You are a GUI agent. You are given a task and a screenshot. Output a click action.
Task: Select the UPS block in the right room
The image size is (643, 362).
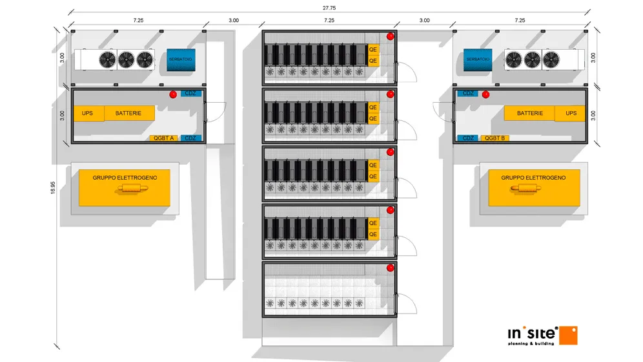tap(571, 113)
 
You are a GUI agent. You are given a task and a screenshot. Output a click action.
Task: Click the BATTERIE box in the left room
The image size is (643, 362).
tap(129, 113)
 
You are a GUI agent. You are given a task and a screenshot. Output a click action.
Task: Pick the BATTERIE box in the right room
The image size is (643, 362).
tap(530, 113)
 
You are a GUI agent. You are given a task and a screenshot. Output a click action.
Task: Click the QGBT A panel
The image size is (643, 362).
tap(164, 138)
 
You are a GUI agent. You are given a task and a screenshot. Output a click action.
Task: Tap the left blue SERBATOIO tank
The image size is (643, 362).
tap(181, 59)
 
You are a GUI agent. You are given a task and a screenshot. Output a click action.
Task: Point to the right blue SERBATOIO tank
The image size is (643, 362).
tap(478, 59)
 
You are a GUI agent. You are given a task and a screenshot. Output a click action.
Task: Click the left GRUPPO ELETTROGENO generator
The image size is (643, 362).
tap(124, 187)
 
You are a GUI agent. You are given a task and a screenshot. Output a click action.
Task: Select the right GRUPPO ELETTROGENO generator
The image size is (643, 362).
tap(533, 187)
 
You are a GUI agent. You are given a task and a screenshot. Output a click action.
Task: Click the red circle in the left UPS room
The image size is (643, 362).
tap(173, 94)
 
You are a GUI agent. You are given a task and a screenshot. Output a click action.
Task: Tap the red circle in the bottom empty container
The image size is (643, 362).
tap(390, 268)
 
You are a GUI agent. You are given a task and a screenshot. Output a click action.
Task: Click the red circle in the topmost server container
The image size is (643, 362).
tap(390, 37)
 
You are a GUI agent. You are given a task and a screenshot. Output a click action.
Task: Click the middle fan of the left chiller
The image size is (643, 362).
tap(126, 60)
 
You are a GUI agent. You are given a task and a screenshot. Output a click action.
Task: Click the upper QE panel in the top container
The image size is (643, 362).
tap(373, 49)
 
